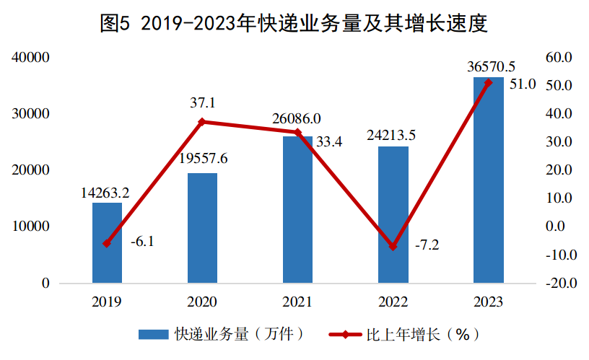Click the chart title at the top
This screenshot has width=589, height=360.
coord(294,25)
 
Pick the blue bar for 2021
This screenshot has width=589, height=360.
coord(297,209)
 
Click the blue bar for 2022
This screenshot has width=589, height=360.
coord(393,214)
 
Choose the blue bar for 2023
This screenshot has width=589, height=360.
coord(488,180)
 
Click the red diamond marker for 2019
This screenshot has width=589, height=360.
coord(107,244)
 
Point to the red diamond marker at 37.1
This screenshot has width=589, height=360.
coord(202,122)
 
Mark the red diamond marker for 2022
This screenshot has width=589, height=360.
coord(393,247)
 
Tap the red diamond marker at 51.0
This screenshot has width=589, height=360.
coord(488,83)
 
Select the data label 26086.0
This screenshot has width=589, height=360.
coord(297,118)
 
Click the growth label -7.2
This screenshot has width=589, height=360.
coord(427,245)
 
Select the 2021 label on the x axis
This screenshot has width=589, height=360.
coord(297,302)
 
